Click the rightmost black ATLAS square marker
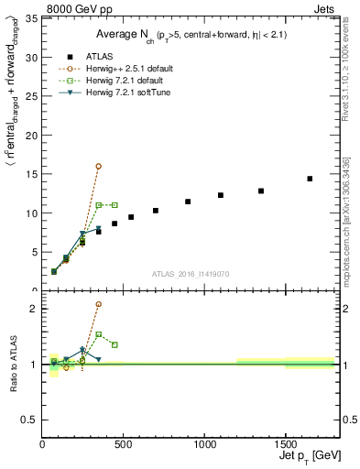(310, 179)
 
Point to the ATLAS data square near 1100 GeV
(221, 195)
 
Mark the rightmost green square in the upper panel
(115, 204)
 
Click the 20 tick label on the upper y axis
(32, 136)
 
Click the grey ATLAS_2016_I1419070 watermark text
(191, 273)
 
